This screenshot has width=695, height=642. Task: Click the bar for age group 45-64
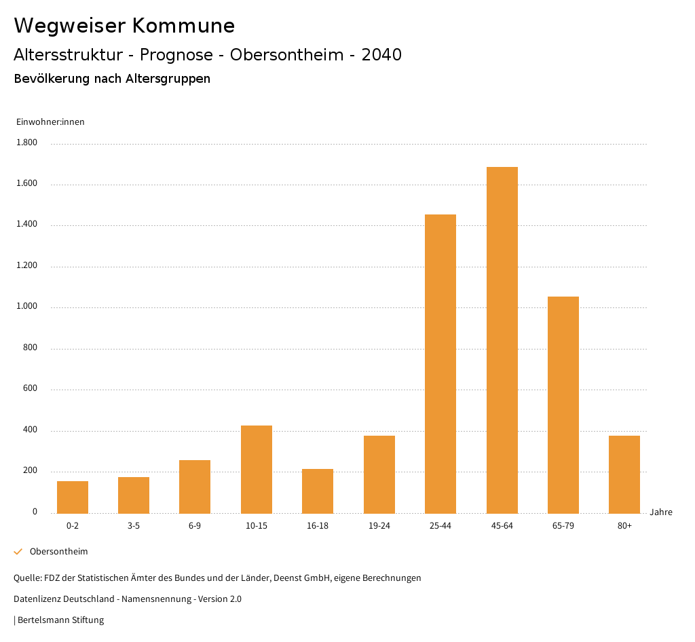[x=502, y=340]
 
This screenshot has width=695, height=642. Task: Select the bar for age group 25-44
[x=440, y=364]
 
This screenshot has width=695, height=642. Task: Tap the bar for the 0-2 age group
[x=73, y=497]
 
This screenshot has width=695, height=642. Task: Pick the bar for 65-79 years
[x=563, y=404]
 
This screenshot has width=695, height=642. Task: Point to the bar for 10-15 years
[x=257, y=469]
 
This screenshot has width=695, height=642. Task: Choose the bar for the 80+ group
[x=624, y=474]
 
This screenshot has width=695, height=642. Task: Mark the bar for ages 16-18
[x=318, y=491]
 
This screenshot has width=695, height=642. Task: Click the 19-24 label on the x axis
[x=379, y=526]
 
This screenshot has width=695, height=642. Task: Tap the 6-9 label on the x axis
[x=195, y=526]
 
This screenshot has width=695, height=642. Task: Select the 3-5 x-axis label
[x=134, y=526]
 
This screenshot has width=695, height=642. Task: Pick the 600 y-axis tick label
[x=30, y=389]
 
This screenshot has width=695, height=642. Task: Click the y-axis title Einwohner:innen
[x=50, y=122]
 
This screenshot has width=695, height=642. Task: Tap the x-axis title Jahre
[x=660, y=512]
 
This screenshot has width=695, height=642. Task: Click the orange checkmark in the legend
[x=18, y=552]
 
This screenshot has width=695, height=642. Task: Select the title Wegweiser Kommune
[x=124, y=26]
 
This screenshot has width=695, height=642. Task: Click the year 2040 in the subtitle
[x=381, y=55]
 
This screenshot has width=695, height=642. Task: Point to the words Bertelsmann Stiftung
[x=60, y=620]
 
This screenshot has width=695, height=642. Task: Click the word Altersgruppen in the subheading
[x=168, y=79]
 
